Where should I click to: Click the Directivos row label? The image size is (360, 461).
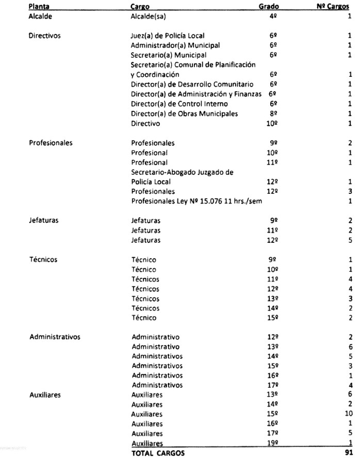[45, 36]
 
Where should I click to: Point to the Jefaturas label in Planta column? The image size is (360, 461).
[43, 220]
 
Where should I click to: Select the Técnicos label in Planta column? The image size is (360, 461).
[43, 259]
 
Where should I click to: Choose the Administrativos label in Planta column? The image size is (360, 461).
[55, 337]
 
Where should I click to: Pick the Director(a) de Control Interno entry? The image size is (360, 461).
[174, 104]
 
